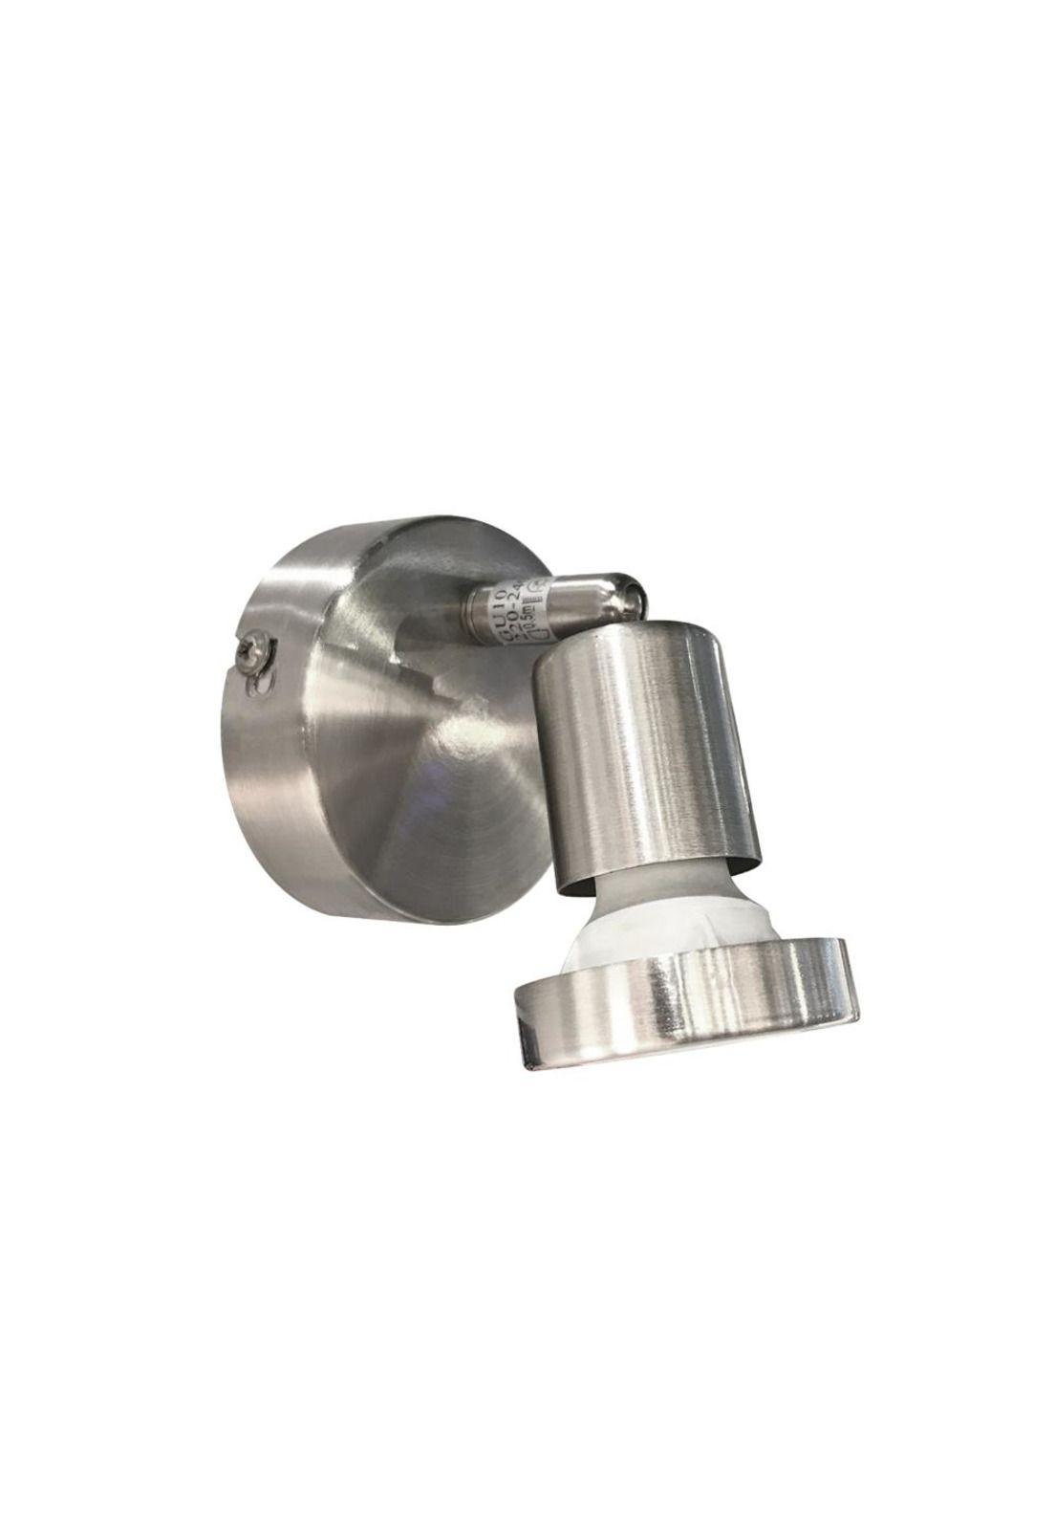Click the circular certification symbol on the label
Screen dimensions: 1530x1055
tap(536, 588)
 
